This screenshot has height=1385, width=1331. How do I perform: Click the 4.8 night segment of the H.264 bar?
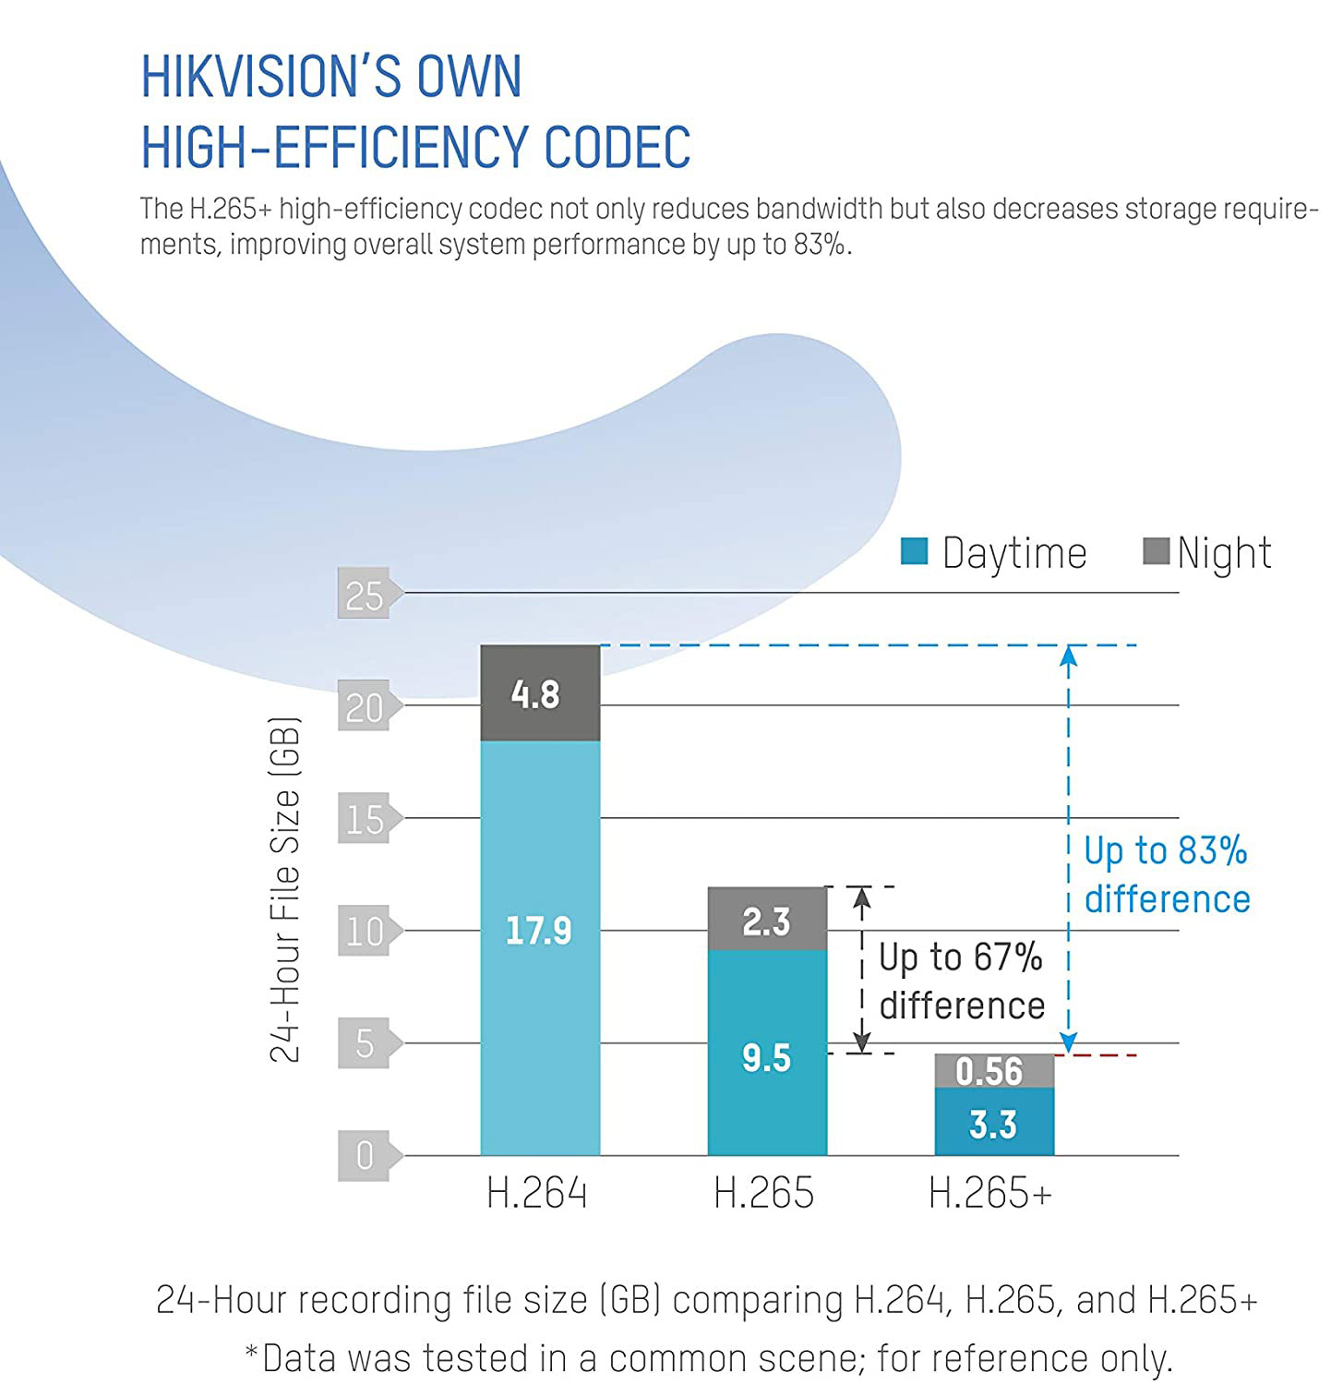point(540,692)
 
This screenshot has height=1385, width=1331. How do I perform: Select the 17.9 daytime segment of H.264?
point(540,948)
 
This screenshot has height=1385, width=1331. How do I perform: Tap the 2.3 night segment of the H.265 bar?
point(767,919)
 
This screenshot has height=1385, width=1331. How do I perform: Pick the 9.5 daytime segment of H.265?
point(767,1053)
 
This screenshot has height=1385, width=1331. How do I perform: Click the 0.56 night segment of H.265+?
point(994,1071)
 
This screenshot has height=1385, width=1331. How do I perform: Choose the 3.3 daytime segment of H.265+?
point(994,1122)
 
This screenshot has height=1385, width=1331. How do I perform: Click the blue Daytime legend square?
point(914,550)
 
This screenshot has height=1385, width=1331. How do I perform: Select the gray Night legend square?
point(1157,550)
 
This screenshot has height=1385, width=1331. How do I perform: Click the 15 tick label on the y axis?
point(365,819)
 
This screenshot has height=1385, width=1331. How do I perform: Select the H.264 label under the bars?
point(536,1192)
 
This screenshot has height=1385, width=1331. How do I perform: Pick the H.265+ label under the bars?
point(990,1192)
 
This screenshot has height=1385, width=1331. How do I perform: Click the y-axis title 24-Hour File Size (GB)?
point(285,889)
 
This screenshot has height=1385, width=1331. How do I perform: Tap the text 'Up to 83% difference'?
point(1167,874)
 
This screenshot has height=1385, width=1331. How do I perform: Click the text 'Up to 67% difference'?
point(962,981)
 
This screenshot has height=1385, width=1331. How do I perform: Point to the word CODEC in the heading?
point(617,147)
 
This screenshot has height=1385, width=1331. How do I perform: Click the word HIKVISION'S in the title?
point(271,76)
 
